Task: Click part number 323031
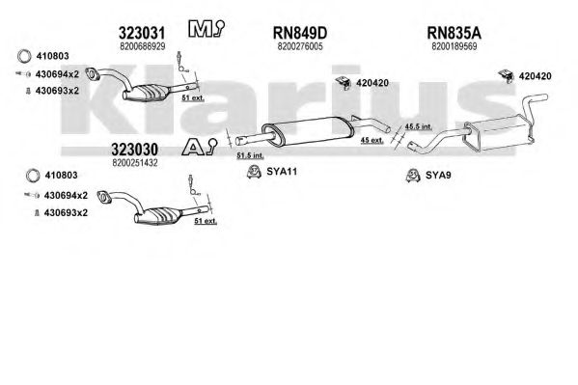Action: (x=142, y=33)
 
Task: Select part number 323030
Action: (x=134, y=150)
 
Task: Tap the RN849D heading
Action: (x=300, y=33)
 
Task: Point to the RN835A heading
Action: (x=454, y=33)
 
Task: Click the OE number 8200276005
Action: (x=300, y=46)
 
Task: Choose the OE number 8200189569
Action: (x=454, y=46)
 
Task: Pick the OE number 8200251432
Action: (x=135, y=163)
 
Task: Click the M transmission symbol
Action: (x=206, y=28)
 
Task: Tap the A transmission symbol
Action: (x=200, y=147)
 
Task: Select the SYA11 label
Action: (x=282, y=172)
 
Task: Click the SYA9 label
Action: (x=438, y=176)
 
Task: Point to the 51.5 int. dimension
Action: (x=250, y=155)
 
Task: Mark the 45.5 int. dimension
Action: (x=419, y=126)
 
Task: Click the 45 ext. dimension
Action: (x=372, y=140)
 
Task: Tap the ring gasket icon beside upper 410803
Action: (x=24, y=56)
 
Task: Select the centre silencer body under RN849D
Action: (x=308, y=131)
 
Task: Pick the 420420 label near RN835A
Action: (x=535, y=76)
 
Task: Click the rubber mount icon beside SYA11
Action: (x=254, y=172)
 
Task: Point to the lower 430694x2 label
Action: (x=66, y=196)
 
